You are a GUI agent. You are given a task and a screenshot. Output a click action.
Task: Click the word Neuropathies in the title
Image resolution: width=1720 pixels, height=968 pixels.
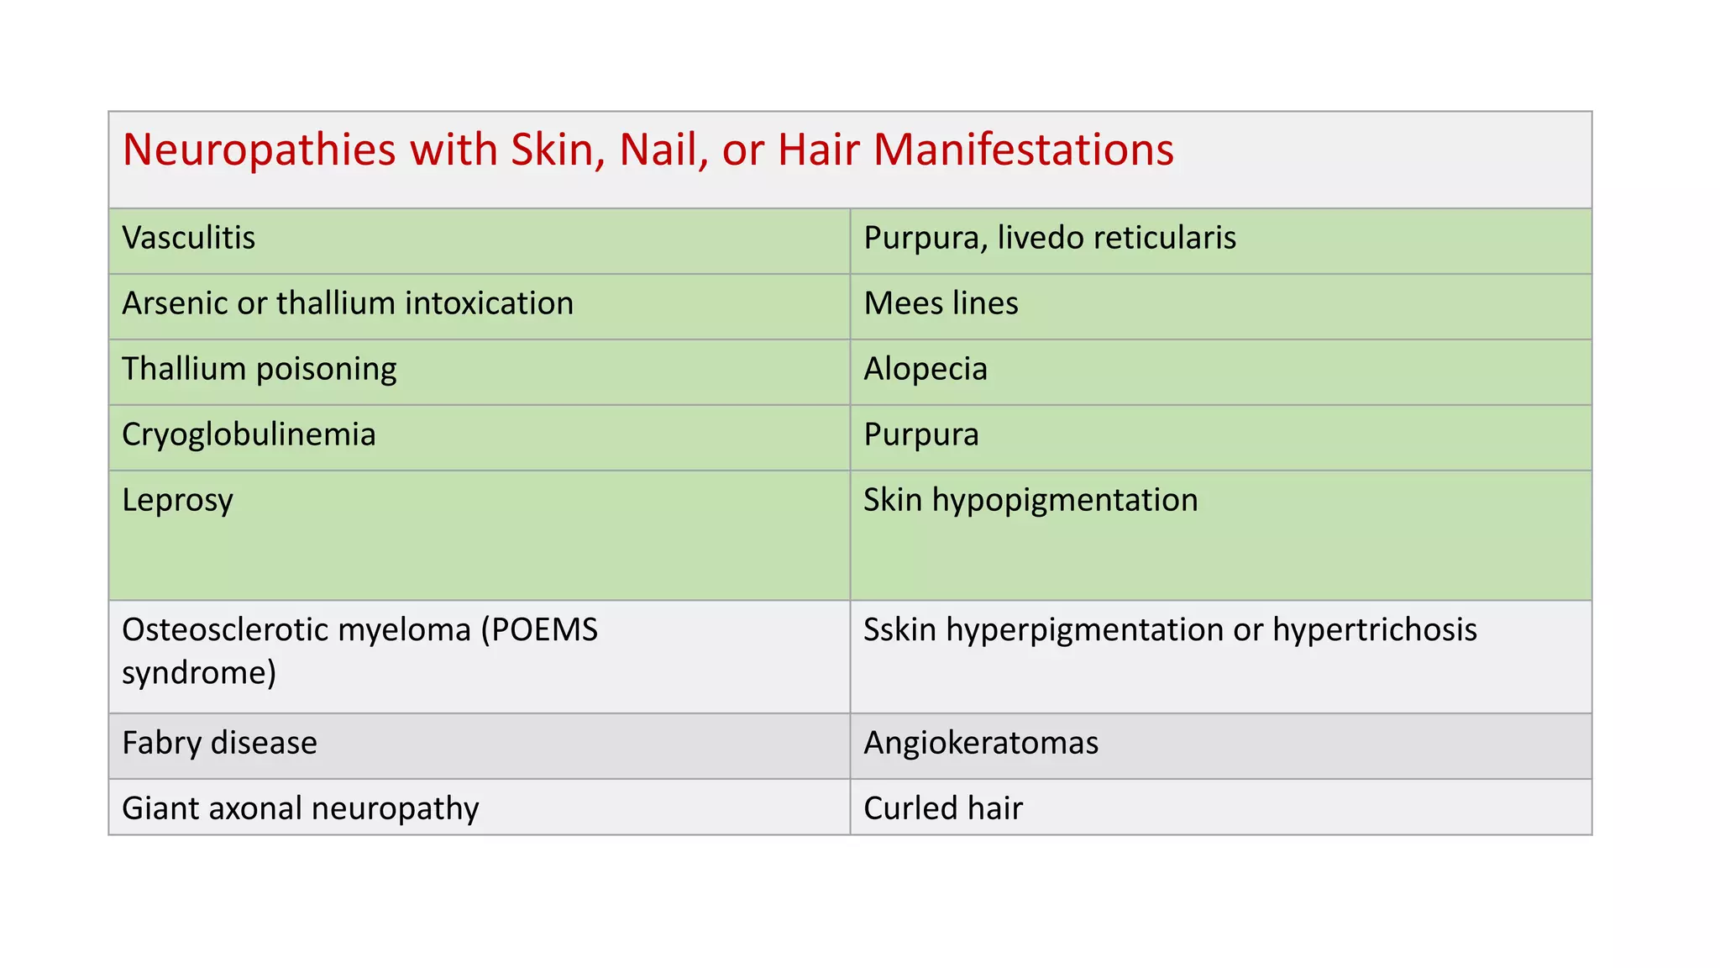pos(259,150)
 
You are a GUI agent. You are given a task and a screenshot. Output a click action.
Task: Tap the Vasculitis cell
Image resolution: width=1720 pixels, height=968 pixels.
pos(189,238)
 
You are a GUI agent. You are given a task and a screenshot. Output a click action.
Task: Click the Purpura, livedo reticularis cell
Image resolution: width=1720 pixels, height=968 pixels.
pos(1050,238)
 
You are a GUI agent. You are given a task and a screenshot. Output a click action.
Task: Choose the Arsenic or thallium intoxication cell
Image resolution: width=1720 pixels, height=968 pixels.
pos(348,303)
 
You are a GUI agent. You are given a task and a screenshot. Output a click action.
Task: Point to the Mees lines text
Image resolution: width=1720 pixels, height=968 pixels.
pos(941,303)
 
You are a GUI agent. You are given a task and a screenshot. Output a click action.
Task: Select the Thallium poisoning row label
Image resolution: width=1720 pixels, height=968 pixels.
pos(260,369)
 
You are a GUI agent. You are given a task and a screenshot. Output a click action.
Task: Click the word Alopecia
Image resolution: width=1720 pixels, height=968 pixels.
pos(926,369)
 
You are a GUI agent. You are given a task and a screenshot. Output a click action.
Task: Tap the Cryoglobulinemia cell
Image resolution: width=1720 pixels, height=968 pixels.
pos(249,434)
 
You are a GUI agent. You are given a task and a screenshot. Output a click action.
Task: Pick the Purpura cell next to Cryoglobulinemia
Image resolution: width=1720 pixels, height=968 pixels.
pos(921,434)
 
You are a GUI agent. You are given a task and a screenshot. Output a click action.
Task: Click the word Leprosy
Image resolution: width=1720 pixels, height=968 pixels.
pos(177,501)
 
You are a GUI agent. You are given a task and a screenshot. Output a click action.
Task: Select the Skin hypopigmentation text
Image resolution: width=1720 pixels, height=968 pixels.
pos(1030,500)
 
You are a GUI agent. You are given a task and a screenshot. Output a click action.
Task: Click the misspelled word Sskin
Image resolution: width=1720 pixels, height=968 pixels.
pos(899,629)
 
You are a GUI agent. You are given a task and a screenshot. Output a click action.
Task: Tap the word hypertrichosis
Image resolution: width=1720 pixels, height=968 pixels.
pos(1374,629)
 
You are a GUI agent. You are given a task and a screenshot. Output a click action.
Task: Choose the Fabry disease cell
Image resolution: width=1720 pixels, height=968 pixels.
pos(219,743)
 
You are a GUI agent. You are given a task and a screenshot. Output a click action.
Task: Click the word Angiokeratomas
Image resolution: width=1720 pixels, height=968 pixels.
pos(981,743)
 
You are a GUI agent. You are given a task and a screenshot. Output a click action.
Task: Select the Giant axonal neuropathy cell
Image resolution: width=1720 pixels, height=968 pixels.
pos(301,808)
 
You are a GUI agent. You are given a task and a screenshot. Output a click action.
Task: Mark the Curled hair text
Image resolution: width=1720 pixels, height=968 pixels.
pos(943,808)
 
